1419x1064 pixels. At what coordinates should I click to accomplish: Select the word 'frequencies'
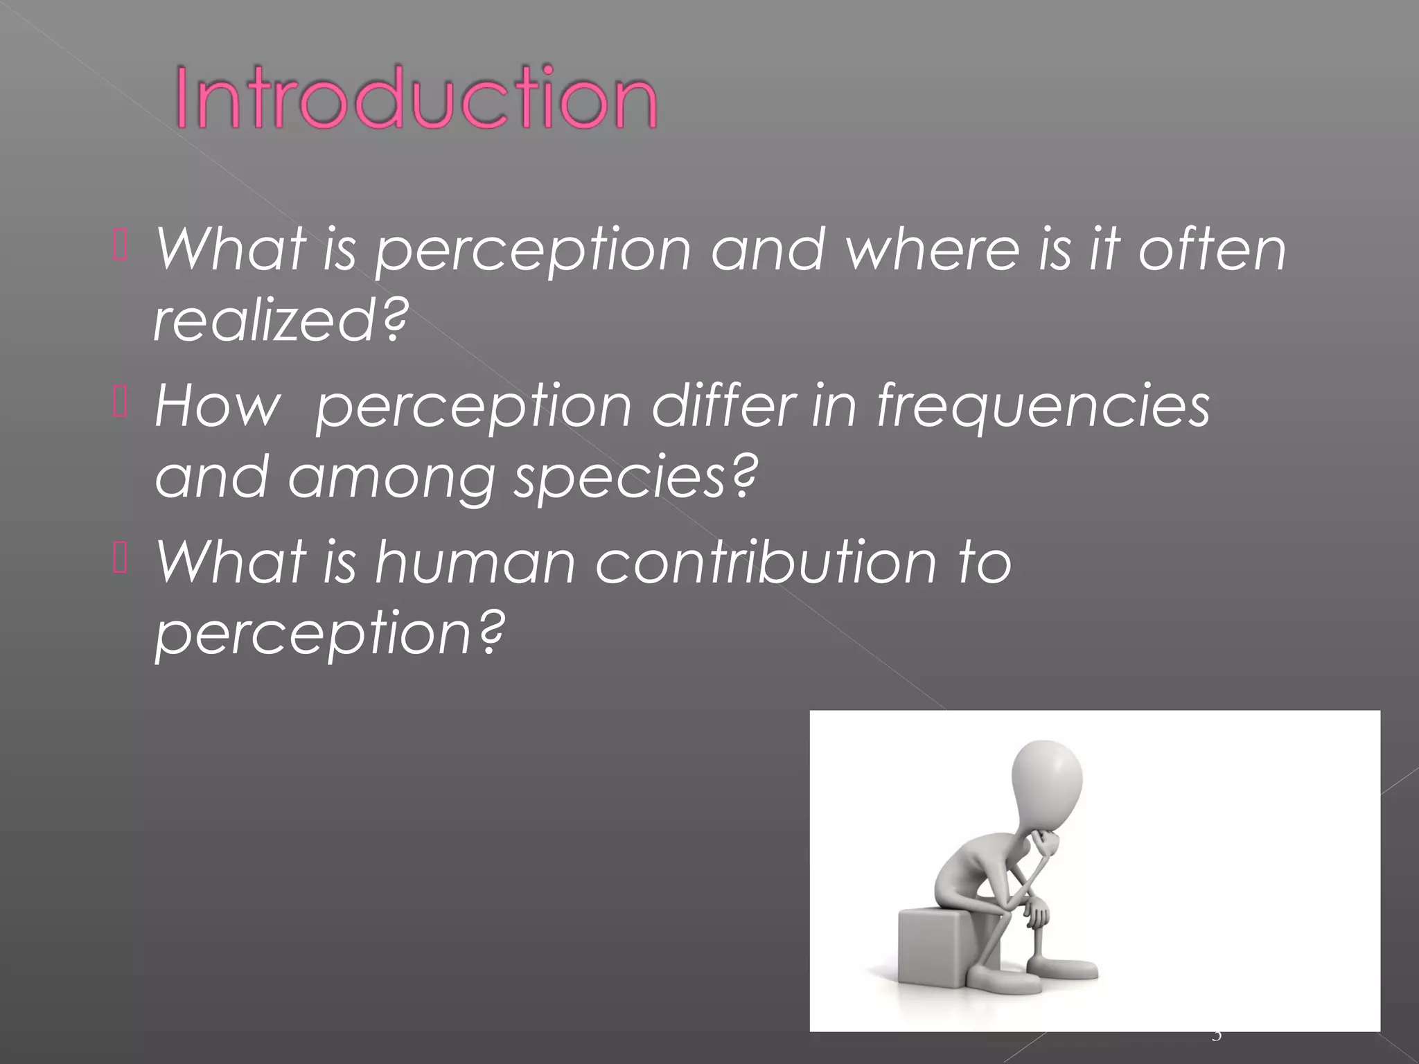(1043, 405)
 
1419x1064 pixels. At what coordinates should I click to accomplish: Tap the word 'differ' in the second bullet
(723, 405)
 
